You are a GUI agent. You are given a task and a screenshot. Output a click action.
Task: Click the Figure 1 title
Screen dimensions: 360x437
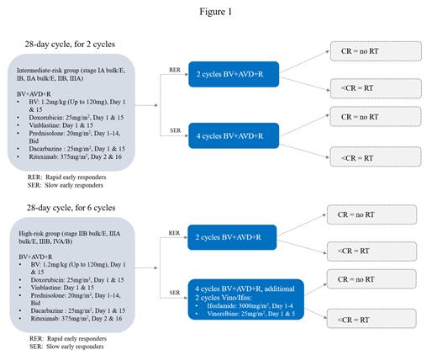(x=219, y=12)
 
